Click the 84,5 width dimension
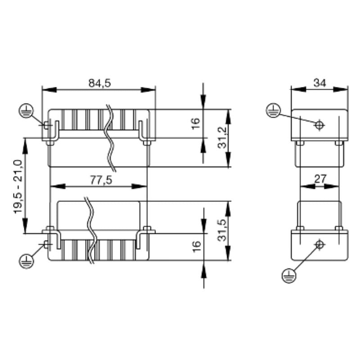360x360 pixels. click(99, 83)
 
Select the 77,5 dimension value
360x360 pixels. click(99, 180)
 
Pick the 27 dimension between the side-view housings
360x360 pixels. click(320, 179)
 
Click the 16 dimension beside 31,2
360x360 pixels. click(195, 123)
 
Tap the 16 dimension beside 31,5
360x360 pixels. click(195, 247)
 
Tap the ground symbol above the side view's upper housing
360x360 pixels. click(273, 110)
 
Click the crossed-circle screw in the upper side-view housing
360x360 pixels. click(319, 125)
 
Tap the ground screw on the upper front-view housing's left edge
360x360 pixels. click(47, 125)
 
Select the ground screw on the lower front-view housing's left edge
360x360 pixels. click(47, 245)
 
